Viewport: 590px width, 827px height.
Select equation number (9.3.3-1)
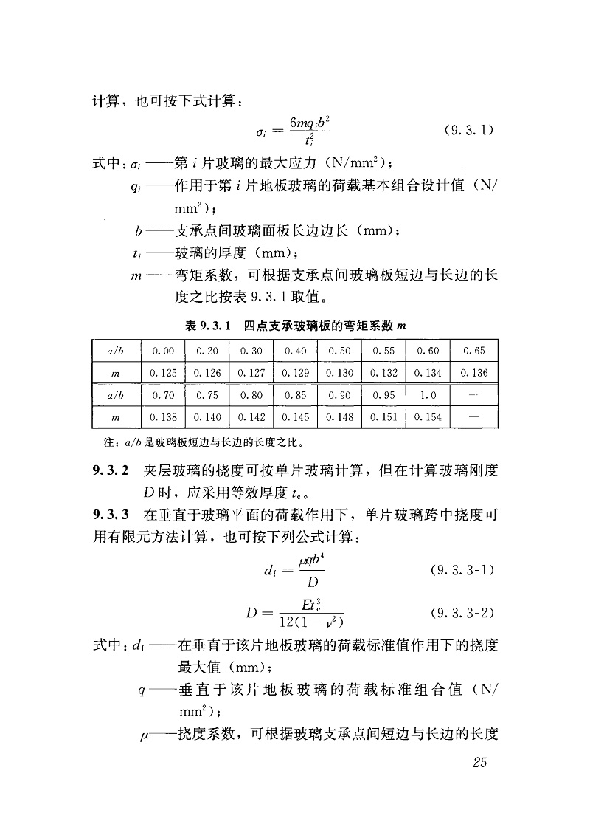pos(462,571)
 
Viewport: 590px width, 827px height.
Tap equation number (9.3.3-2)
pos(462,613)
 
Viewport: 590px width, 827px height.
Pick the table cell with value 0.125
pos(162,373)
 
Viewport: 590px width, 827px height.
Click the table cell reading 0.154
pos(428,417)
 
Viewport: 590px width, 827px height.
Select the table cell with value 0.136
pos(474,373)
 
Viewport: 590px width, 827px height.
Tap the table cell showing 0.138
pos(162,417)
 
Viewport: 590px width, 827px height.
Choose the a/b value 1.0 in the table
pos(428,395)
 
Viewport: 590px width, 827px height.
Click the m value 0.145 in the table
pos(295,417)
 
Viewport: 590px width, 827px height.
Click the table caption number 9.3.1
pos(213,324)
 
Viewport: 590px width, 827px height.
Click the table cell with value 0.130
pos(339,373)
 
